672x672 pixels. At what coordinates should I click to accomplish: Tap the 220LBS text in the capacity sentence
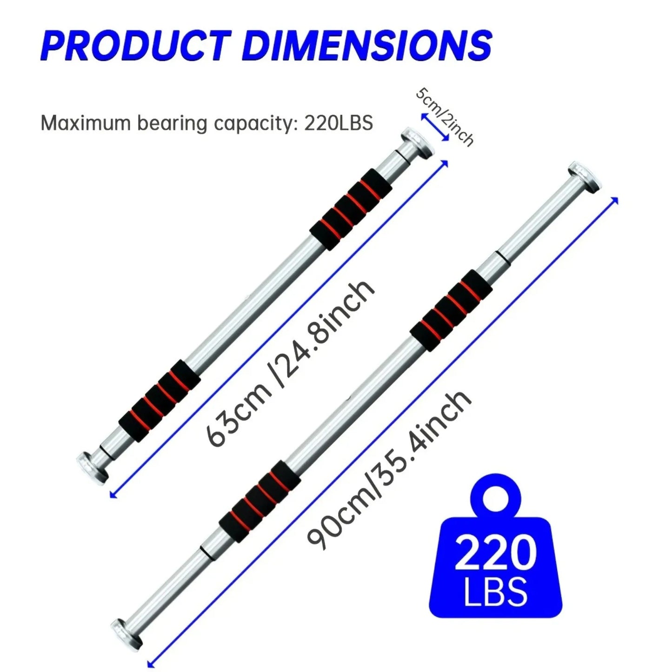click(339, 124)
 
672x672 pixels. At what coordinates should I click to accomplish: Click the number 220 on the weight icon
click(495, 553)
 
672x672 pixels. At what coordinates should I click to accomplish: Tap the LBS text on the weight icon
click(496, 592)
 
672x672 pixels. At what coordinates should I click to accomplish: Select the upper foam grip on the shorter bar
click(351, 209)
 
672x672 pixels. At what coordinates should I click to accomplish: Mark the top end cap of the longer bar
click(583, 176)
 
